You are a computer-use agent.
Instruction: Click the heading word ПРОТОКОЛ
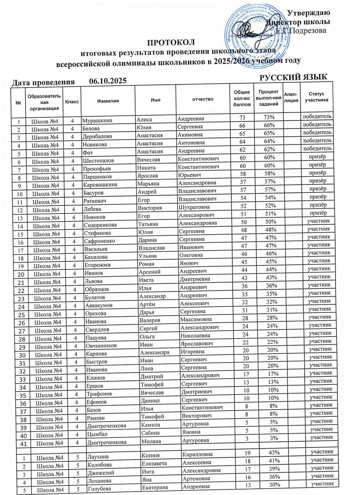point(171,42)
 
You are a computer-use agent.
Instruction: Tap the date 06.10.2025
point(108,81)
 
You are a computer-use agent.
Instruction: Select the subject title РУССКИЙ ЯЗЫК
point(293,77)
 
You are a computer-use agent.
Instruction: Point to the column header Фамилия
point(108,101)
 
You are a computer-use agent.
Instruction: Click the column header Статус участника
point(316,97)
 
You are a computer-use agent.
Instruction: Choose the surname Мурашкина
point(97,120)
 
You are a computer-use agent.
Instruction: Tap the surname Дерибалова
point(97,136)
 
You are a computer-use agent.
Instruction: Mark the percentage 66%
point(268,125)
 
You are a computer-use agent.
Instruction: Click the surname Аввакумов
point(99,305)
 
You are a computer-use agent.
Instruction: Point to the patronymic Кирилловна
point(197,454)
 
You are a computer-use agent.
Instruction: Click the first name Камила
point(151,425)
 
